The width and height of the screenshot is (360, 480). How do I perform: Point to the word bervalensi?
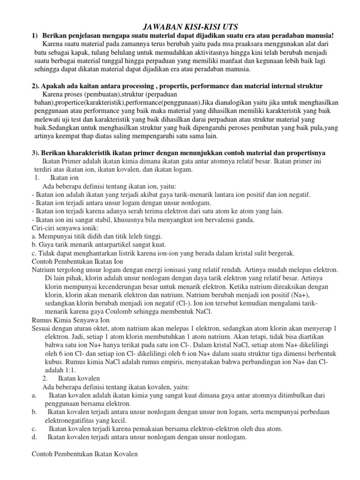213,219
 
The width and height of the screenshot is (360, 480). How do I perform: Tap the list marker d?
34,437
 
